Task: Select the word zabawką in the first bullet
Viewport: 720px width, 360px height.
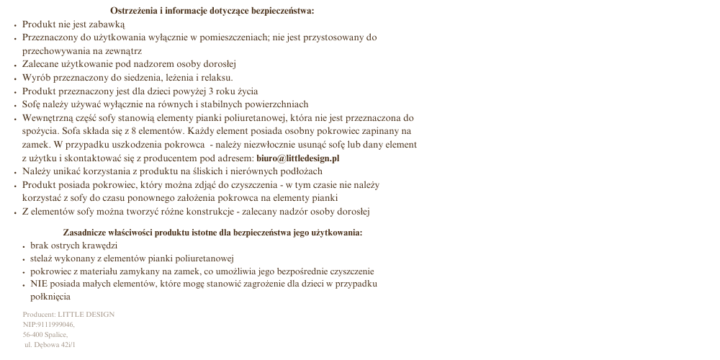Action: point(108,24)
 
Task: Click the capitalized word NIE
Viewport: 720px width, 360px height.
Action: point(39,284)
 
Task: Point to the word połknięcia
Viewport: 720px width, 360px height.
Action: point(50,297)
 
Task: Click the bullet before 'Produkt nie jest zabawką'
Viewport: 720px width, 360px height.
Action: point(15,24)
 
